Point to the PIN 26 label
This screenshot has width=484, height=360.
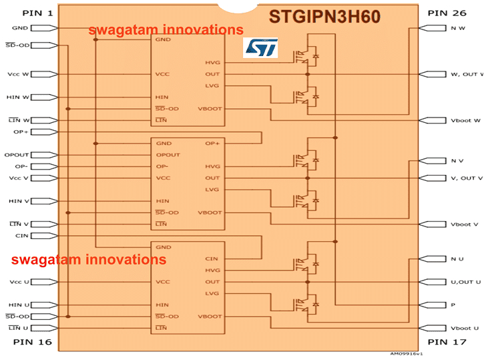tap(449, 13)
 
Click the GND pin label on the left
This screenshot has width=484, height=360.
tap(19, 28)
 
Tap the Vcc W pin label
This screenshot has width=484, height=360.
tap(17, 74)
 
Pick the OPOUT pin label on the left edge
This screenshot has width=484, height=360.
tap(16, 155)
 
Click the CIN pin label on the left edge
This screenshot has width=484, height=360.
tap(21, 236)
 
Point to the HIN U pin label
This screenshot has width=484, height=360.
tap(18, 305)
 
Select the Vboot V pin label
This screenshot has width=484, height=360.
tap(465, 224)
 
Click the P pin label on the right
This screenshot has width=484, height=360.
tap(453, 305)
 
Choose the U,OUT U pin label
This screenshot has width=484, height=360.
tap(465, 282)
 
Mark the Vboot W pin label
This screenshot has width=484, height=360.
tap(465, 121)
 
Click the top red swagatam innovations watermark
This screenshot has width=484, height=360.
tap(166, 30)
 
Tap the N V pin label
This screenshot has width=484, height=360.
tap(457, 161)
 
